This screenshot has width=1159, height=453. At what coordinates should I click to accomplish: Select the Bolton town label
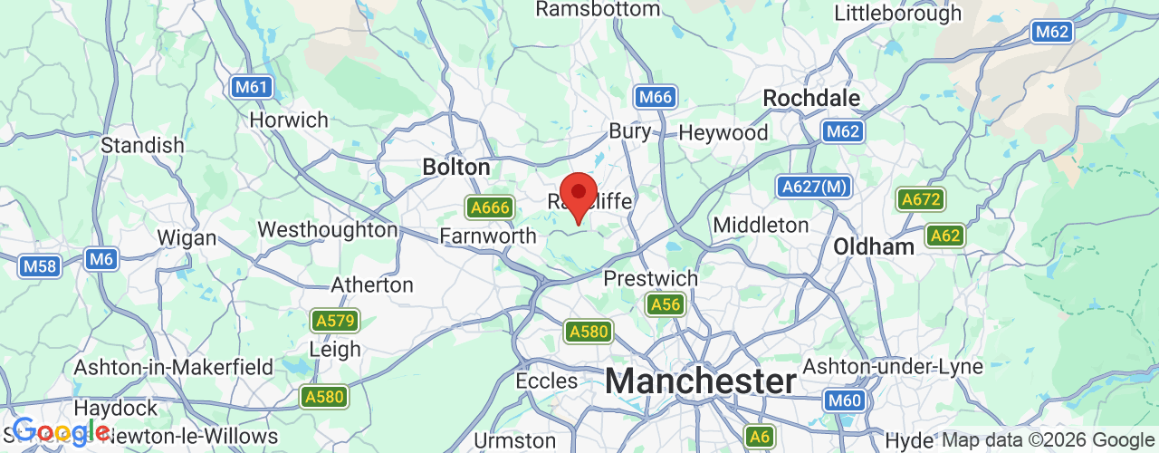pos(456,168)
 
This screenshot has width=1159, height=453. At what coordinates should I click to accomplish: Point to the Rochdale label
pos(810,97)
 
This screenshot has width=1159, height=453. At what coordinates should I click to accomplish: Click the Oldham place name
pos(874,246)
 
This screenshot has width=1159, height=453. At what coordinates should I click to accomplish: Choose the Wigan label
pos(187,238)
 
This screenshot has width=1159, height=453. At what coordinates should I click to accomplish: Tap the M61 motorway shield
pos(251,88)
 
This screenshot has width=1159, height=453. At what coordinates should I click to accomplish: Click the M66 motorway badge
pos(654,98)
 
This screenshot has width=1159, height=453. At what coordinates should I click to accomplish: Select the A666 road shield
pos(489,207)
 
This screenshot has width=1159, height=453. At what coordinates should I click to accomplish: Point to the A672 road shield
pos(920,199)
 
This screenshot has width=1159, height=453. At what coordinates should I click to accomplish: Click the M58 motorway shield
pos(39,266)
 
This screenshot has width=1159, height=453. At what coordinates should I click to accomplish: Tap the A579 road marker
pos(335,321)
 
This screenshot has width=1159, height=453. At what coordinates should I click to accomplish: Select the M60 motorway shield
pos(844,400)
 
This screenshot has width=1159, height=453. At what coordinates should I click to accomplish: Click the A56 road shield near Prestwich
pos(666,304)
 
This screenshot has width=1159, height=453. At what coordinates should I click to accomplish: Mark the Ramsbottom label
pos(598,9)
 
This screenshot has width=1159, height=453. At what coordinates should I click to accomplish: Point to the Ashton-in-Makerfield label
pos(174,367)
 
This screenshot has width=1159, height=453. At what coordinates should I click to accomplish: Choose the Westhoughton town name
pos(328,229)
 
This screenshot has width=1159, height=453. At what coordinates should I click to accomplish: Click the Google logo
pos(60,432)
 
